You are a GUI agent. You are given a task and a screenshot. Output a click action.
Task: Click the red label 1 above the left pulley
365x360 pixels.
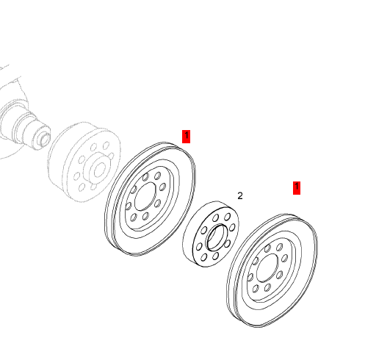[x=186, y=137]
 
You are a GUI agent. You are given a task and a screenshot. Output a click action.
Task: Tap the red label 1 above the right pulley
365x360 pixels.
[x=297, y=188]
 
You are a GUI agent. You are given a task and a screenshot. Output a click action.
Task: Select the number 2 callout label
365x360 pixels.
[x=240, y=196]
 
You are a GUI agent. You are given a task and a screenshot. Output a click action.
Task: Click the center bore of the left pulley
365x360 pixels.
[x=145, y=197]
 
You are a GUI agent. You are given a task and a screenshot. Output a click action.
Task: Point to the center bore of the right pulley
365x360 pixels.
[x=267, y=268]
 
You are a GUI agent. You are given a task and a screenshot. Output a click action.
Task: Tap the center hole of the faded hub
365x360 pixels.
[x=100, y=170]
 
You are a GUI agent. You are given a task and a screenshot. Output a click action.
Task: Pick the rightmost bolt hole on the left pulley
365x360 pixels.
[x=162, y=188]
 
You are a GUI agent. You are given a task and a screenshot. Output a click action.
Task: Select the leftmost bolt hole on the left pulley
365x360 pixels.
[x=129, y=206]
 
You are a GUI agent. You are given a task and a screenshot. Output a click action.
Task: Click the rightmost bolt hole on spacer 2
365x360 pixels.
[x=232, y=227]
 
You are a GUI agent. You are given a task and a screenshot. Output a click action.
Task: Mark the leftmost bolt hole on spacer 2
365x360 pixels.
[x=199, y=246]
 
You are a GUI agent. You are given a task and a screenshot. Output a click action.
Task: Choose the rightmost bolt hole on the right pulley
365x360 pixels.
[x=285, y=258]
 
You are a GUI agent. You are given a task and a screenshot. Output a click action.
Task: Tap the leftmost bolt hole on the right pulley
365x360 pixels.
[x=250, y=277]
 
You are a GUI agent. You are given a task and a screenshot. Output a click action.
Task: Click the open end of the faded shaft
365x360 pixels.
[x=44, y=138]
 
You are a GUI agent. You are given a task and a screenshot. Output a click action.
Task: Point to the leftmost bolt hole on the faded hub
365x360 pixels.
[x=76, y=176]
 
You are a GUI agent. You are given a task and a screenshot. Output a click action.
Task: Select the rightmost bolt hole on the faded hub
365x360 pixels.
[x=111, y=156]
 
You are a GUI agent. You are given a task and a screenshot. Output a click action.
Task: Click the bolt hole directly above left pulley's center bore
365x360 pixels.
[x=145, y=177]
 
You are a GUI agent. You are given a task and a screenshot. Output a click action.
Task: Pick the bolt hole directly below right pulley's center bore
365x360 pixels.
[x=267, y=287]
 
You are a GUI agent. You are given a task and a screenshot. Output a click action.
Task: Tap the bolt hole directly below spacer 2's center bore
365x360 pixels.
[x=215, y=256]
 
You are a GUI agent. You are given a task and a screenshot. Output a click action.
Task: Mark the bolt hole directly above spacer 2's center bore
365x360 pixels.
[x=216, y=217]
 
